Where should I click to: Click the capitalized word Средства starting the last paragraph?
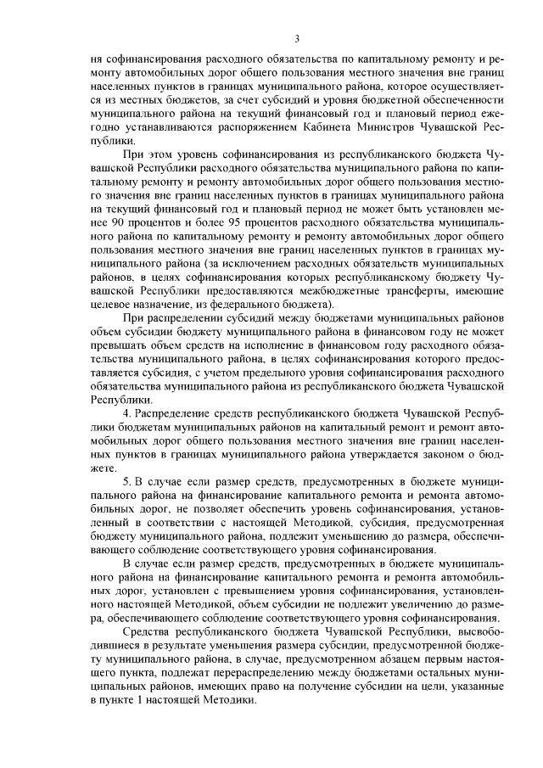click(148, 633)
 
